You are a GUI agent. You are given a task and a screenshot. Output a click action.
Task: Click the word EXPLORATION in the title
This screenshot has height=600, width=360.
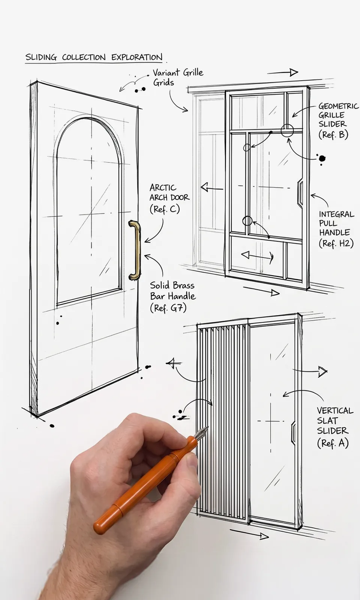click(137, 57)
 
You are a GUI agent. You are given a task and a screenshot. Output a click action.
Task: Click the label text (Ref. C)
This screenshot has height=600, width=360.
click(165, 209)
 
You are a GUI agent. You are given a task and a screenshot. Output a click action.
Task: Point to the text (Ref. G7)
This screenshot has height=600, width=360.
click(168, 308)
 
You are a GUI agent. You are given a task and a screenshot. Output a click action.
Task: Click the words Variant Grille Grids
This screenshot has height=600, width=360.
click(178, 77)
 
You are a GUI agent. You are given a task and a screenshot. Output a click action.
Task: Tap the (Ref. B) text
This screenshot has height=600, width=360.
click(333, 134)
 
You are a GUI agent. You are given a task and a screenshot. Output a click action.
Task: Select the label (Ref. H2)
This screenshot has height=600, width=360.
click(336, 243)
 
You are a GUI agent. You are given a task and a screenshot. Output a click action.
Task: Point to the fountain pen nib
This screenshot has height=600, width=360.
click(202, 432)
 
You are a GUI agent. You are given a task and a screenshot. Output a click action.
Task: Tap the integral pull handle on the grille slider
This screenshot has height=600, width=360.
click(300, 192)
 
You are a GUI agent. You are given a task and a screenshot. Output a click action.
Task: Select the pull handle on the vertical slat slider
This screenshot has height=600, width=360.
click(293, 432)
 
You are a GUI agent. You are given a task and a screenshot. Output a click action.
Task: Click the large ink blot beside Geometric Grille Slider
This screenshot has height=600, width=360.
click(322, 159)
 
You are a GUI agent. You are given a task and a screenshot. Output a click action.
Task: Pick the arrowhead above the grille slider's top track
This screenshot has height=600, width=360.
click(294, 72)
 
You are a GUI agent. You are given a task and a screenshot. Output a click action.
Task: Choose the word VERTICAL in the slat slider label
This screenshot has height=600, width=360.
click(335, 411)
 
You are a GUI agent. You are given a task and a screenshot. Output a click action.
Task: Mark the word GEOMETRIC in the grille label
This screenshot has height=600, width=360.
click(339, 106)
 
